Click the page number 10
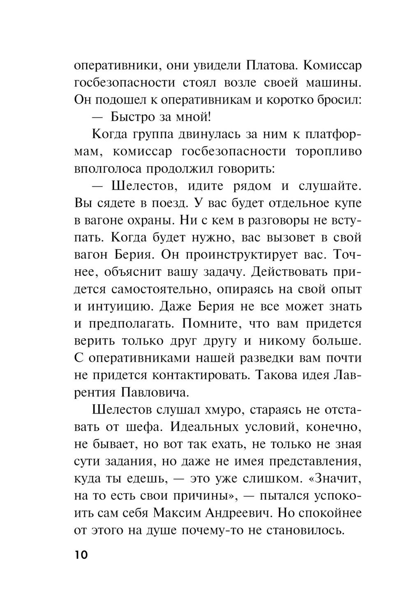(81, 555)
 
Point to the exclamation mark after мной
(209, 117)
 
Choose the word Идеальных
(203, 428)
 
